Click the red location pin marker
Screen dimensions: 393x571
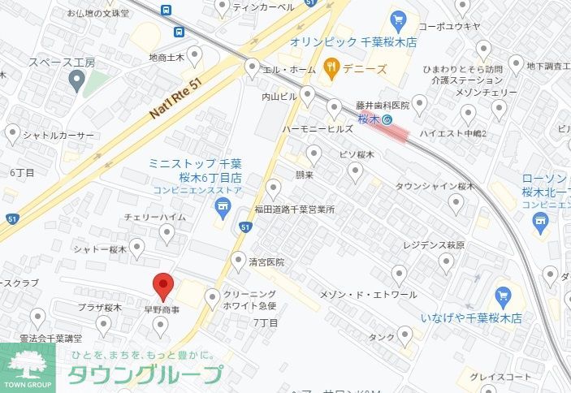click(164, 286)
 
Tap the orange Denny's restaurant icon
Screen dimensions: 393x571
click(331, 67)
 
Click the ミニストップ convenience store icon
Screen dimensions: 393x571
click(221, 212)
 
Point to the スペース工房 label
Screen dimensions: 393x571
click(62, 62)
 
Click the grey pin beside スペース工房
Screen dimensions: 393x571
click(77, 80)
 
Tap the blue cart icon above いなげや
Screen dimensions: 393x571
click(502, 294)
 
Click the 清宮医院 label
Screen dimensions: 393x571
click(267, 262)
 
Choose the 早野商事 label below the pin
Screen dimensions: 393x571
click(161, 309)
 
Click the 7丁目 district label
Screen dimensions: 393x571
click(266, 322)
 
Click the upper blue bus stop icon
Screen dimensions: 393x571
click(167, 10)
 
